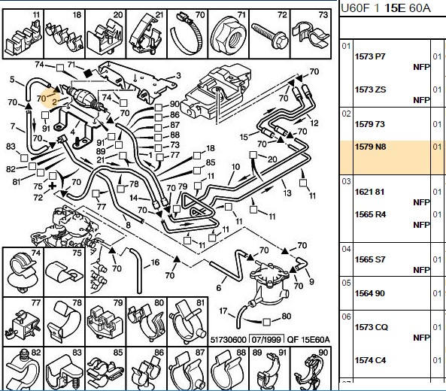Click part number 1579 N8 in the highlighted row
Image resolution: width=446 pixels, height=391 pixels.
click(x=370, y=147)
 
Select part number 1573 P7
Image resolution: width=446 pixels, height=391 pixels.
click(x=370, y=56)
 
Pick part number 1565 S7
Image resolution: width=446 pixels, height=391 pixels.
click(x=370, y=259)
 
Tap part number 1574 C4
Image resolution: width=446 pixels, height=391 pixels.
click(x=370, y=360)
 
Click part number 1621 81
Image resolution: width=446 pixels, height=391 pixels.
click(x=369, y=192)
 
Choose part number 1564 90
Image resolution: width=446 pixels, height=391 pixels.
click(x=369, y=293)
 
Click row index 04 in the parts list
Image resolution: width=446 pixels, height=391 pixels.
click(x=346, y=249)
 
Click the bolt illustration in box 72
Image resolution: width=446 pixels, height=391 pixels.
click(x=270, y=35)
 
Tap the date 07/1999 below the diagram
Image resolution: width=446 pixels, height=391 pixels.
click(x=266, y=340)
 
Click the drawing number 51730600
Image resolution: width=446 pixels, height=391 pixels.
click(x=228, y=340)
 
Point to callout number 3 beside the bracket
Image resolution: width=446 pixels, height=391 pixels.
click(x=178, y=76)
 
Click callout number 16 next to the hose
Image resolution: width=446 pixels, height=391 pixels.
click(x=155, y=262)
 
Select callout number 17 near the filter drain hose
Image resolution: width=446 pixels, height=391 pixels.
click(x=223, y=311)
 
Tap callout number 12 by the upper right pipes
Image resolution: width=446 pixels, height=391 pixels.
click(x=314, y=123)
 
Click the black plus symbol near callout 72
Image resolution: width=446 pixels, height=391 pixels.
click(x=53, y=186)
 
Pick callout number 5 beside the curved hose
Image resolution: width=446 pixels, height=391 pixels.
click(x=12, y=80)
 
